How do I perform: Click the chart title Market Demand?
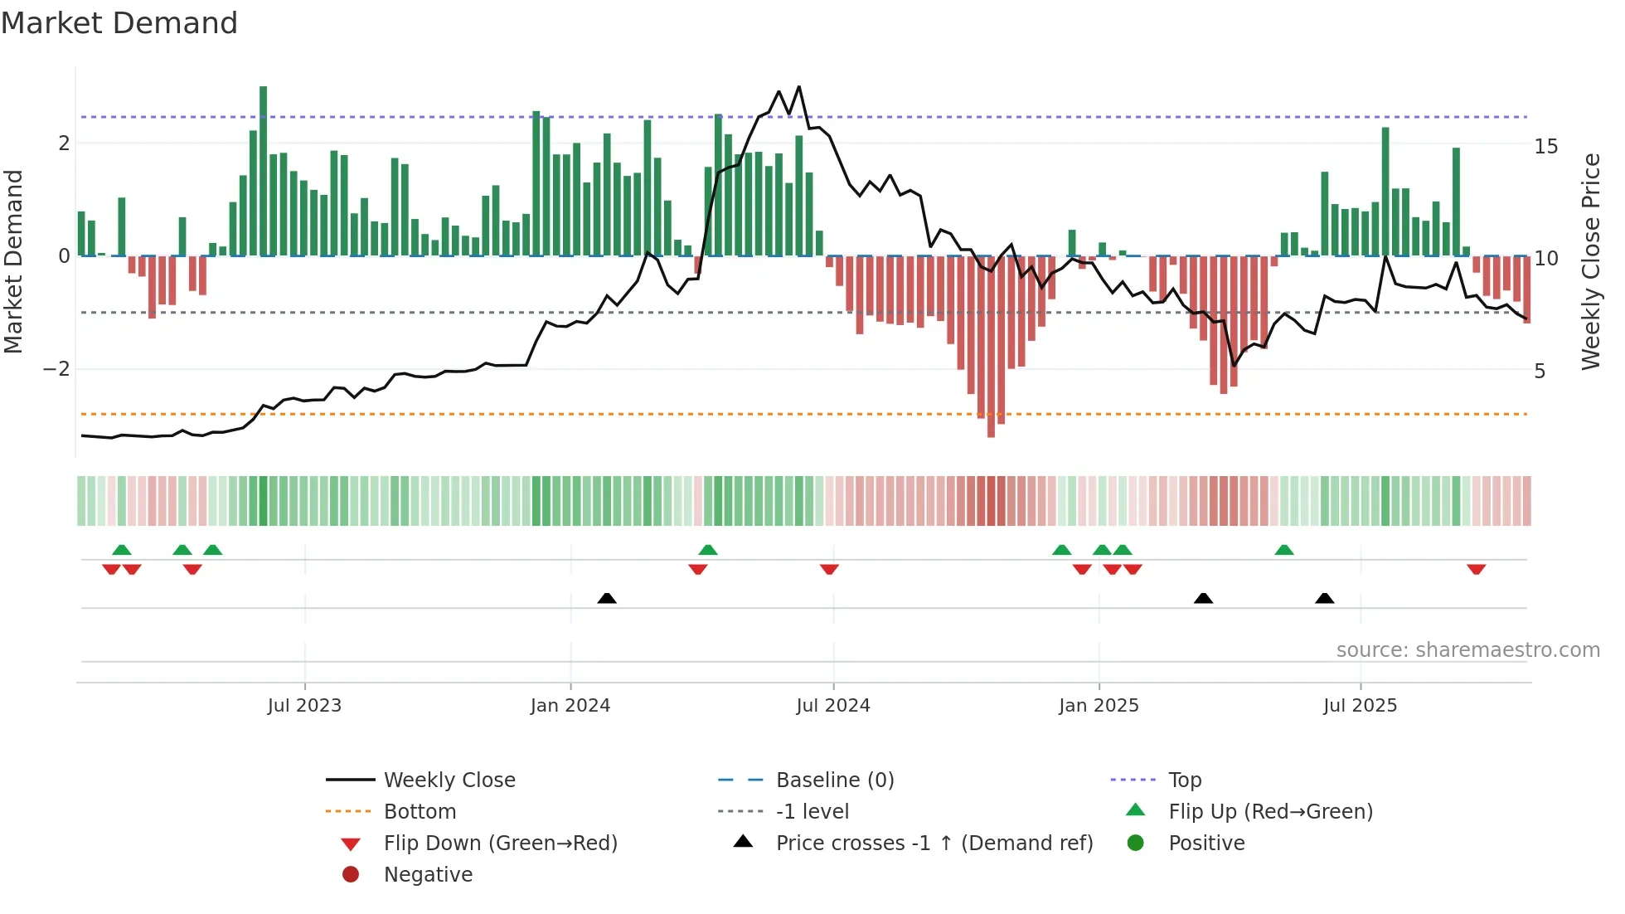[x=119, y=23]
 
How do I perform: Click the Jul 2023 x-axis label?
[x=304, y=706]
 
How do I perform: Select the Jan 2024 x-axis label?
[x=570, y=706]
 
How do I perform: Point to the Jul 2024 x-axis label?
[x=833, y=706]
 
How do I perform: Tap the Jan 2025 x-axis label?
[x=1099, y=706]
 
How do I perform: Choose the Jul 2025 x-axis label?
[x=1361, y=706]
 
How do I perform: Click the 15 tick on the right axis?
[x=1545, y=147]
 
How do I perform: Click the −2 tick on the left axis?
[x=57, y=369]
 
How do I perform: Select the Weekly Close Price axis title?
[x=1590, y=261]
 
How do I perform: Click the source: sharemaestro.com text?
[x=1467, y=650]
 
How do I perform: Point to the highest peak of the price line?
[x=799, y=86]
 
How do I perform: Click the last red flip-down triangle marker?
[x=1476, y=570]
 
